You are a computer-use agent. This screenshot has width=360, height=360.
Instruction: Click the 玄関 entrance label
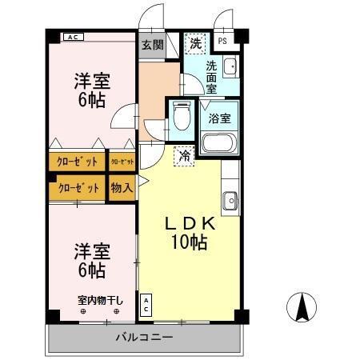coord(152,45)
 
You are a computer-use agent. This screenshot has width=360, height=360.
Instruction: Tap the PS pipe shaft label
coord(222,42)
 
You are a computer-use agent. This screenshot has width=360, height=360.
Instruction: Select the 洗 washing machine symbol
coord(195,42)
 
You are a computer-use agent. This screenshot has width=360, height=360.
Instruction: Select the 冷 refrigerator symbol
coord(185,156)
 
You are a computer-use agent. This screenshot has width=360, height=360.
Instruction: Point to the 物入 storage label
coord(122,189)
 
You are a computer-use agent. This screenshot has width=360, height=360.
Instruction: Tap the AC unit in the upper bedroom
coord(73,37)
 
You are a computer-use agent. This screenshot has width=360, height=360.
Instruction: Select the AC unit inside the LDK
coord(147,305)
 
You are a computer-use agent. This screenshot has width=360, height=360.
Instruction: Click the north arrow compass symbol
coord(302,308)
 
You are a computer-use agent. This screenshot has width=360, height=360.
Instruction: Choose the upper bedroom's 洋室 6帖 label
coord(91,90)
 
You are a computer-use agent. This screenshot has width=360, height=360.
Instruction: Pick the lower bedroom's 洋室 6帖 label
coord(90,258)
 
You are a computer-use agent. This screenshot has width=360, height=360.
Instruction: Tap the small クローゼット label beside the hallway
coord(122,162)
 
